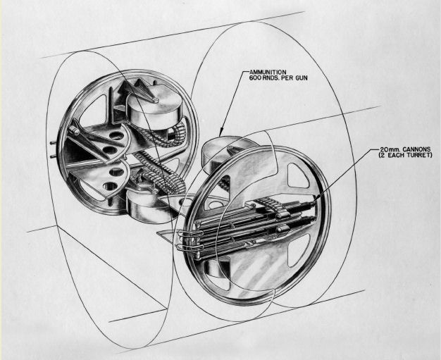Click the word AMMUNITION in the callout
268,73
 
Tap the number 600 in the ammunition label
255,78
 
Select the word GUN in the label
301,78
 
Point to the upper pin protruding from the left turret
52,143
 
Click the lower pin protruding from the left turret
53,156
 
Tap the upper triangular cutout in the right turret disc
299,175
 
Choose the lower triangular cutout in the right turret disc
299,250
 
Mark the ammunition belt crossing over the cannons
268,206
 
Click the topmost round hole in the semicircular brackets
116,136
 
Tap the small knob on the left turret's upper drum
154,99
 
